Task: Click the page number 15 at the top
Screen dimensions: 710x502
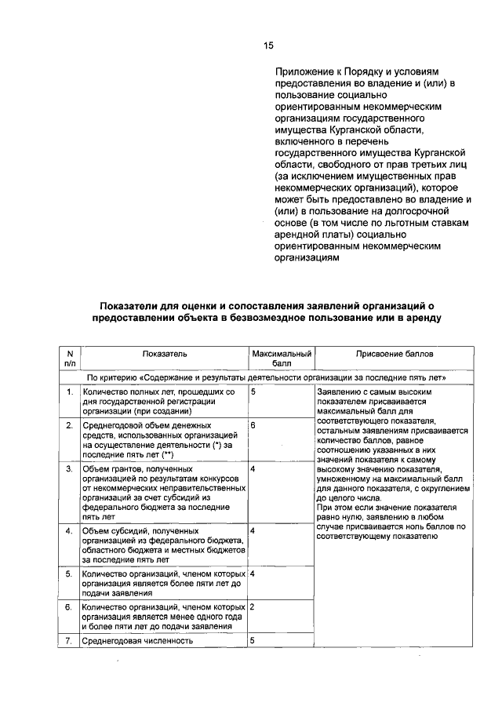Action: tap(269, 46)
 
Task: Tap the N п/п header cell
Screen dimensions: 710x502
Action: tap(70, 359)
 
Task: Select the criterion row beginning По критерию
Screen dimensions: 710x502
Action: tap(266, 377)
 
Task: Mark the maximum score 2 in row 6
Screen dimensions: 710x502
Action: tap(253, 607)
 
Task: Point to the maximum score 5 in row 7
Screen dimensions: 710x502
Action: tap(253, 640)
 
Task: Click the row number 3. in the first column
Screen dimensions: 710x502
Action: tap(70, 469)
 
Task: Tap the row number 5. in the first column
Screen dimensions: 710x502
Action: tap(70, 574)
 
